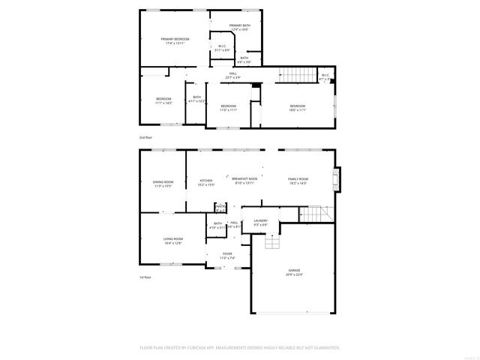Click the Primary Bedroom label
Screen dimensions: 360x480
pyautogui.click(x=175, y=41)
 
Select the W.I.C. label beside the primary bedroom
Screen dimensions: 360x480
pyautogui.click(x=223, y=48)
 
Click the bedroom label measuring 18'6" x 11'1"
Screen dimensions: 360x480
pyautogui.click(x=298, y=108)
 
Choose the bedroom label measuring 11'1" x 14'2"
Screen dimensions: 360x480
pyautogui.click(x=163, y=101)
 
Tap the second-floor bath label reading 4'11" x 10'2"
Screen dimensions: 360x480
pyautogui.click(x=196, y=99)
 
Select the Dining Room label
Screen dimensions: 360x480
pyautogui.click(x=163, y=184)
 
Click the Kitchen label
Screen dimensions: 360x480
pyautogui.click(x=206, y=181)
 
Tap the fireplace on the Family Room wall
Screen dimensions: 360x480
pyautogui.click(x=337, y=178)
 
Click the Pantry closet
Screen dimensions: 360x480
pyautogui.click(x=220, y=208)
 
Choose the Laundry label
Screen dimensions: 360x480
pyautogui.click(x=261, y=223)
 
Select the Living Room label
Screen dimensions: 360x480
pyautogui.click(x=173, y=241)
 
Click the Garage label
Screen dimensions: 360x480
pyautogui.click(x=293, y=273)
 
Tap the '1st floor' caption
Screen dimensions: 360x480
pyautogui.click(x=145, y=277)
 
